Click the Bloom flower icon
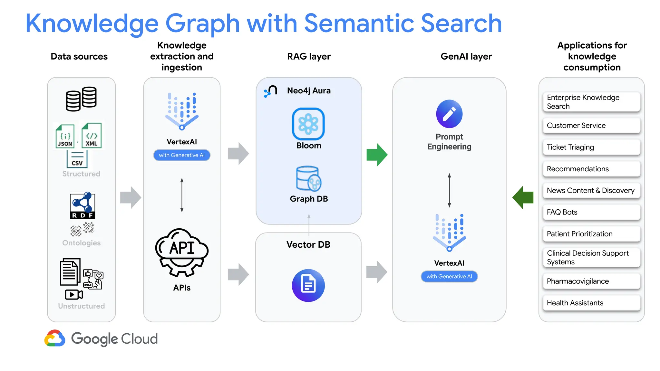pyautogui.click(x=308, y=124)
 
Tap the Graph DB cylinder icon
pyautogui.click(x=308, y=179)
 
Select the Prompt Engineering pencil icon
pyautogui.click(x=449, y=114)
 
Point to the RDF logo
pyautogui.click(x=82, y=205)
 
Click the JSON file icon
pyautogui.click(x=65, y=136)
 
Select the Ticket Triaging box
pyautogui.click(x=591, y=147)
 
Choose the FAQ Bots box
pyautogui.click(x=591, y=212)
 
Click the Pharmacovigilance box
pyautogui.click(x=591, y=281)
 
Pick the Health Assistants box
pyautogui.click(x=591, y=303)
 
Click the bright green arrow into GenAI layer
pyautogui.click(x=377, y=155)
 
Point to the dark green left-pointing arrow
pyautogui.click(x=523, y=197)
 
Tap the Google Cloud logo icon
pyautogui.click(x=55, y=338)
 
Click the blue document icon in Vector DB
pyautogui.click(x=308, y=285)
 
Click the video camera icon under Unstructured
pyautogui.click(x=74, y=294)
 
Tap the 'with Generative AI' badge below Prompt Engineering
pyautogui.click(x=449, y=276)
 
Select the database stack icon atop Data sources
pyautogui.click(x=81, y=99)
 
